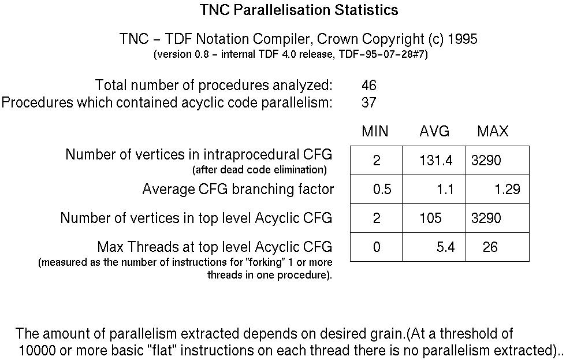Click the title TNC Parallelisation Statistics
[x=299, y=10]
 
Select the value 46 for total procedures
[x=369, y=86]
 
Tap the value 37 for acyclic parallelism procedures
[x=369, y=103]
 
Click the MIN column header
[x=375, y=132]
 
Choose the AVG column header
[x=434, y=132]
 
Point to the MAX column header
[x=493, y=132]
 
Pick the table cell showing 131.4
[x=436, y=161]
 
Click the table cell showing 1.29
[x=507, y=190]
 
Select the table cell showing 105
[x=431, y=218]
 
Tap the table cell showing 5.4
[x=445, y=247]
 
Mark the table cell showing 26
[x=490, y=247]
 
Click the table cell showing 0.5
[x=382, y=190]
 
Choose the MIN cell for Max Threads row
[x=377, y=247]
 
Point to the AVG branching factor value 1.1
[x=445, y=190]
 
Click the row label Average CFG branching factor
[x=238, y=190]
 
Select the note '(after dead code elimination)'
[x=259, y=170]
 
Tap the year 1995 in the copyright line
[x=462, y=39]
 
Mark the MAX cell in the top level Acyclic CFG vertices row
[x=486, y=218]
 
